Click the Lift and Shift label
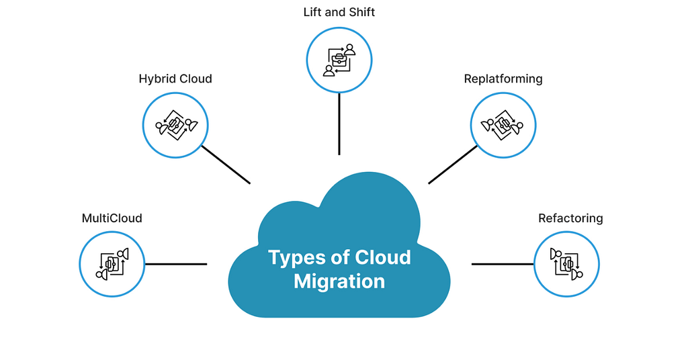tap(339, 11)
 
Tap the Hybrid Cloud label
tap(175, 79)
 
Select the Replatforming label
tap(503, 79)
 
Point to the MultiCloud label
tap(112, 218)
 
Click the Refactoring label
tap(570, 218)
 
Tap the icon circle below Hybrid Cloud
tap(175, 126)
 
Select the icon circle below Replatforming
tap(503, 126)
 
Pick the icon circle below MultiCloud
tap(112, 264)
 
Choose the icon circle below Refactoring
tap(566, 264)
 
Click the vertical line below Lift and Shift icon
tap(339, 124)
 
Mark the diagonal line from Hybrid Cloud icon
tap(226, 165)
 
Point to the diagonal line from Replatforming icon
tap(453, 165)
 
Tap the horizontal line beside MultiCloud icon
tap(176, 264)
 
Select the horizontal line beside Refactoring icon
tap(503, 264)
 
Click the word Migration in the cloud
tap(339, 281)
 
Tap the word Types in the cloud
tap(296, 258)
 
